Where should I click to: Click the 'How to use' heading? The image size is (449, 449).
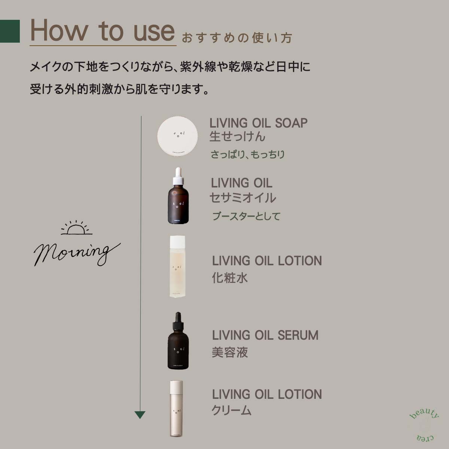pos(102,31)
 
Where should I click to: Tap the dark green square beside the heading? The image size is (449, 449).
pos(10,31)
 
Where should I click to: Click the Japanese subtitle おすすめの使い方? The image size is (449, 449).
pos(236,38)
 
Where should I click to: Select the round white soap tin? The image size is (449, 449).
pos(177,136)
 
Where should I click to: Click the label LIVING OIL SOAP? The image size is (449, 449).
pos(258,123)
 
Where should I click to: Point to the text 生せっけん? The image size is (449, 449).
pos(237,137)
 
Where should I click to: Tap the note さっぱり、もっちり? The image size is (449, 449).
pos(247,155)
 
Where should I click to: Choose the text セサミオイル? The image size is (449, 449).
pos(242,198)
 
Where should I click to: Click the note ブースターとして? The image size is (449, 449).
pos(246,216)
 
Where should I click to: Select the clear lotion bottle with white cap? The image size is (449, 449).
pos(177,266)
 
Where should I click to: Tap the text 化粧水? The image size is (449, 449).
pos(230,278)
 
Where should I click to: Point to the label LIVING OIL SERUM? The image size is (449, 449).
pos(265,335)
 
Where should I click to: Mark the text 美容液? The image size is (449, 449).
pos(230,352)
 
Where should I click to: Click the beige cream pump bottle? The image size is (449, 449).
pos(177,409)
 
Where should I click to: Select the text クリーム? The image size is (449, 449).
pos(231,411)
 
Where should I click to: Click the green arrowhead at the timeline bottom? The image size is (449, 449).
pos(140,415)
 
